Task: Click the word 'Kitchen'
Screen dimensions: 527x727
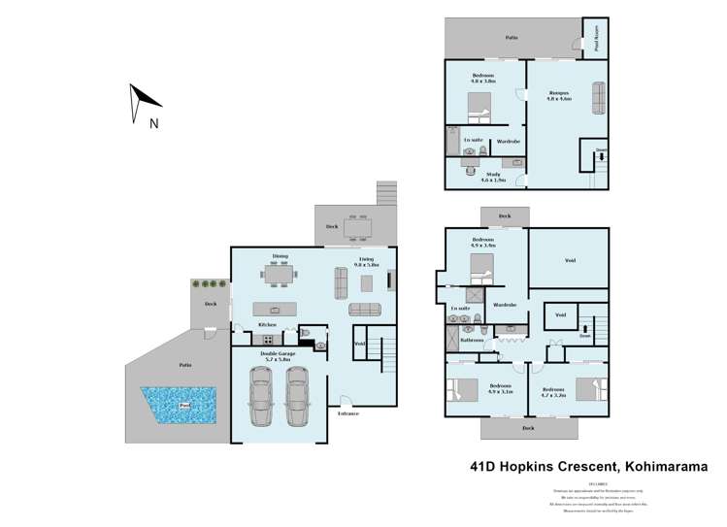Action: tap(267, 324)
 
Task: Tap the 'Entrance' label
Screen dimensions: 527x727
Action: tap(347, 414)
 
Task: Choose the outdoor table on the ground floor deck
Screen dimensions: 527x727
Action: tap(356, 227)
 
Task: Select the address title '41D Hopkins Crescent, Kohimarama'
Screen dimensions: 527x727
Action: tap(586, 468)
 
